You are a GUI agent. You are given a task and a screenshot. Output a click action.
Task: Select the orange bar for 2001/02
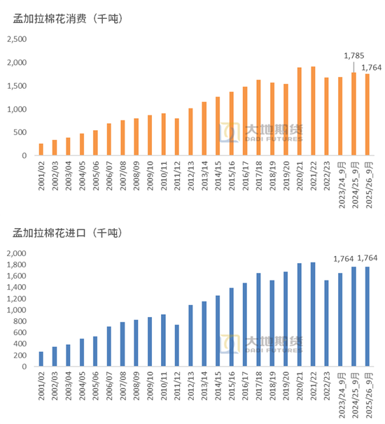point(41,150)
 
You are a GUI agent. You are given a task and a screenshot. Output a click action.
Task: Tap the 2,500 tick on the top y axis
point(17,40)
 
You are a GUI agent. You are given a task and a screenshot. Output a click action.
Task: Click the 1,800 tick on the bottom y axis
point(17,264)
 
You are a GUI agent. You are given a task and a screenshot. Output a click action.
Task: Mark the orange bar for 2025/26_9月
point(367,115)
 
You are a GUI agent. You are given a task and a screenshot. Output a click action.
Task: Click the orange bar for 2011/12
point(177,137)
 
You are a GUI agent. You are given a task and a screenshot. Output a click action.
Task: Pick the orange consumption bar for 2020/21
point(299,112)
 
